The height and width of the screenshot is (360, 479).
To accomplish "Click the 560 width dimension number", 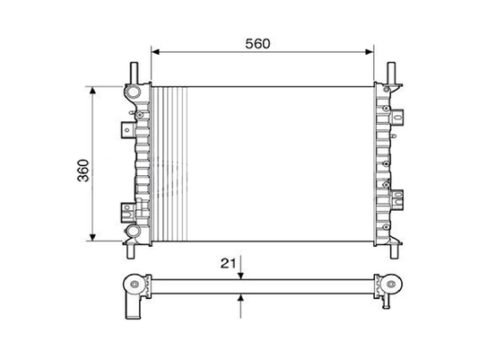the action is click(257, 44).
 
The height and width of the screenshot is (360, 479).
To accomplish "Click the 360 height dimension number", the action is click(83, 171).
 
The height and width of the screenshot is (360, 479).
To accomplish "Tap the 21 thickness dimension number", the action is click(229, 263).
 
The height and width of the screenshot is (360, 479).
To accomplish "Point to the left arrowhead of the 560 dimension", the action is click(155, 52).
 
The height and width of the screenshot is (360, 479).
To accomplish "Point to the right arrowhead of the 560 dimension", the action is click(370, 52).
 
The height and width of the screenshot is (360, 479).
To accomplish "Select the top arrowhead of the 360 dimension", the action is click(93, 91).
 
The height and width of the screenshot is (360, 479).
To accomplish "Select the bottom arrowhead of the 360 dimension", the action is click(93, 237).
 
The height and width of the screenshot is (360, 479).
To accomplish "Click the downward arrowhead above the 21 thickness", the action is click(240, 276).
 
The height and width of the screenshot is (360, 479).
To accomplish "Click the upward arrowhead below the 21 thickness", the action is click(240, 297).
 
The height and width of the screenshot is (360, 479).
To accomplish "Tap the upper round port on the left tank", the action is click(133, 91).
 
